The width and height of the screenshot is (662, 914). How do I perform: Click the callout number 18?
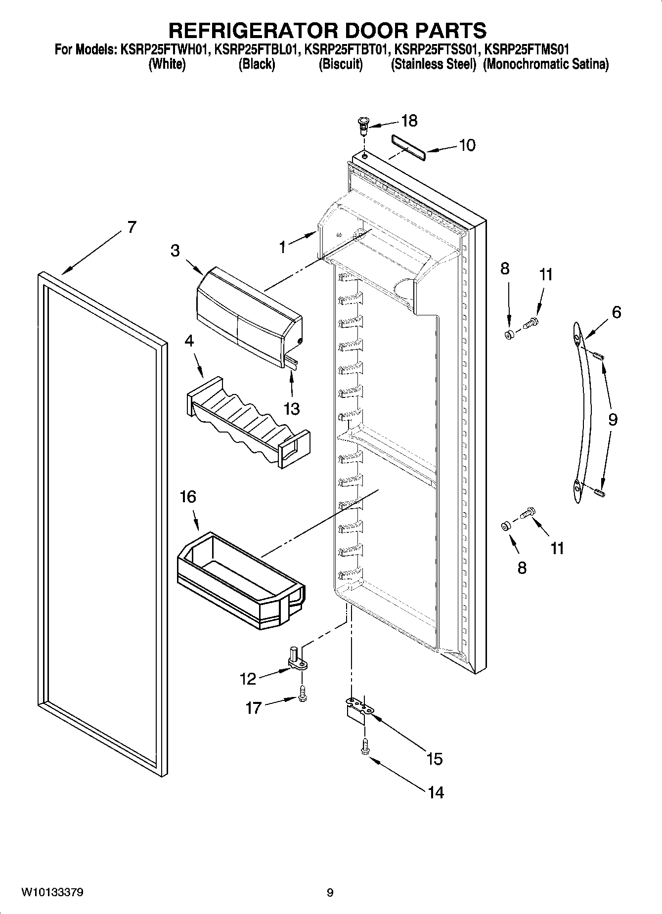[409, 121]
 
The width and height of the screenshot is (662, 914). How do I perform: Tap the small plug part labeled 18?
[363, 125]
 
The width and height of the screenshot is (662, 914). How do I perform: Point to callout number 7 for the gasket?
[131, 227]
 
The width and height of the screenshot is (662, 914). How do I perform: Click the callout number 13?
[292, 408]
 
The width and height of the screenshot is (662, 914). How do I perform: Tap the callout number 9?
[613, 419]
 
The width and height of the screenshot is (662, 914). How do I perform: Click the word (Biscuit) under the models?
[341, 64]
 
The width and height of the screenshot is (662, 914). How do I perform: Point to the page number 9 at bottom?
[330, 893]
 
